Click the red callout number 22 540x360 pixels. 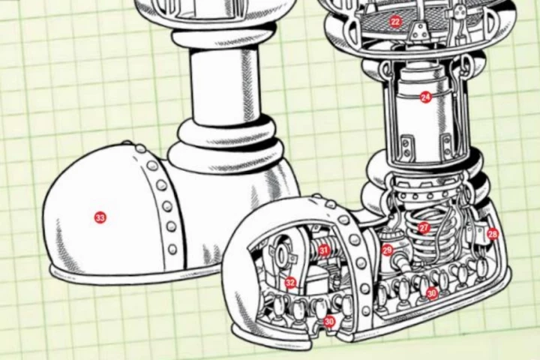pos(396,22)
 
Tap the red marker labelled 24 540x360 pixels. pos(426,97)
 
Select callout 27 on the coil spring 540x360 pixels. pos(424,228)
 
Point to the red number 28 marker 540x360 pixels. pos(493,234)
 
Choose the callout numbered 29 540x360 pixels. pos(387,250)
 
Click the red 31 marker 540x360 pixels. pos(323,250)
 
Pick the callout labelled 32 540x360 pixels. pos(290,283)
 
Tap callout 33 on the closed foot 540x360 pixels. pos(100,217)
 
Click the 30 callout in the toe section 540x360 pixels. pos(329,322)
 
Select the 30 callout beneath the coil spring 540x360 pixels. pos(432,293)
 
